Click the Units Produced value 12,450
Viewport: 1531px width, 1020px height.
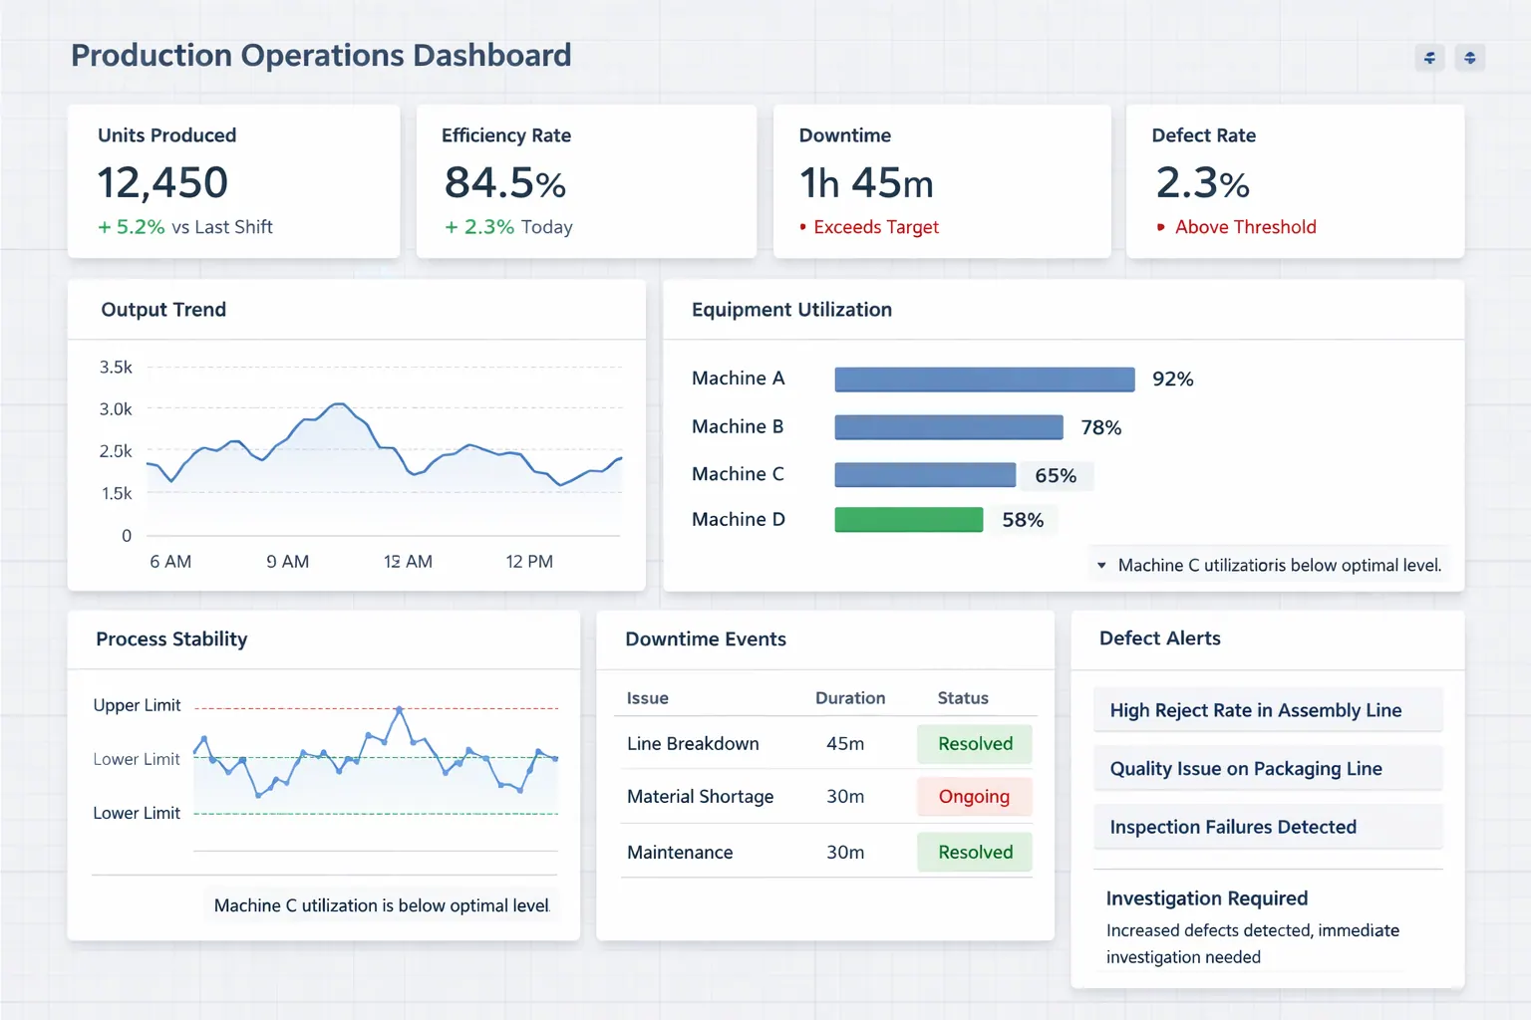[162, 183]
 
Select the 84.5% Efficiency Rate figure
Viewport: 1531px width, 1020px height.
[504, 183]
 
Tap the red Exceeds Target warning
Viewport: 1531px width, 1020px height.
[875, 227]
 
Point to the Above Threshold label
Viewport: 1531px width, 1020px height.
[1245, 227]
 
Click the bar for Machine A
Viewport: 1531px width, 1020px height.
[984, 380]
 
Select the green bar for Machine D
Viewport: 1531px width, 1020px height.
[908, 520]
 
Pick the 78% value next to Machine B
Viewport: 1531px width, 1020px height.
[1100, 427]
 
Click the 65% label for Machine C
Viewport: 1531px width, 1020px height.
[1055, 476]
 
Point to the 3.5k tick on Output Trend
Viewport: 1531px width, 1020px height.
[116, 368]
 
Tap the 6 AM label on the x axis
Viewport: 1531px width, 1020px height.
[170, 562]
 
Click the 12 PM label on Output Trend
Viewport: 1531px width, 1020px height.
[529, 562]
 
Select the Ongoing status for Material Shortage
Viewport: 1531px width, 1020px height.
[974, 797]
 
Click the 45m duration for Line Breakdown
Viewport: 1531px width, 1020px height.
[845, 744]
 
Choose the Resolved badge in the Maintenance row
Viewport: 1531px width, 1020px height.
[975, 853]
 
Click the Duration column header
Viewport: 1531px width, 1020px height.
[850, 698]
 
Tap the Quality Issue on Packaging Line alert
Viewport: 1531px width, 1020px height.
[1246, 769]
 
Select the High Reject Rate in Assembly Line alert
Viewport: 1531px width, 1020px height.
[1255, 710]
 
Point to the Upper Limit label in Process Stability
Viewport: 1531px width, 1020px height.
[137, 705]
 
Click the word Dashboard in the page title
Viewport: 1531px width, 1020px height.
[491, 55]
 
